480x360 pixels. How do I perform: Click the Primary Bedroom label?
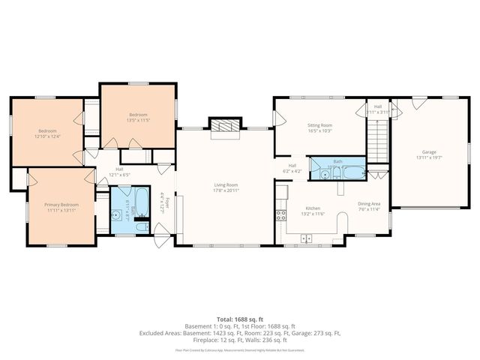point(64,204)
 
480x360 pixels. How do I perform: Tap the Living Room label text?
point(226,184)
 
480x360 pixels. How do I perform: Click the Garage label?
point(430,151)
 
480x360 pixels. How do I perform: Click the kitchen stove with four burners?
point(280,214)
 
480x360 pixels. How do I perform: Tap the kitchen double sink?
point(306,238)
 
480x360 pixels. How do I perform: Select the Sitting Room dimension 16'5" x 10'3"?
point(320,131)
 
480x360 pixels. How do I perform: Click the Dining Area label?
point(368,204)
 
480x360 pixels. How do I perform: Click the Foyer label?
point(167,203)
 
